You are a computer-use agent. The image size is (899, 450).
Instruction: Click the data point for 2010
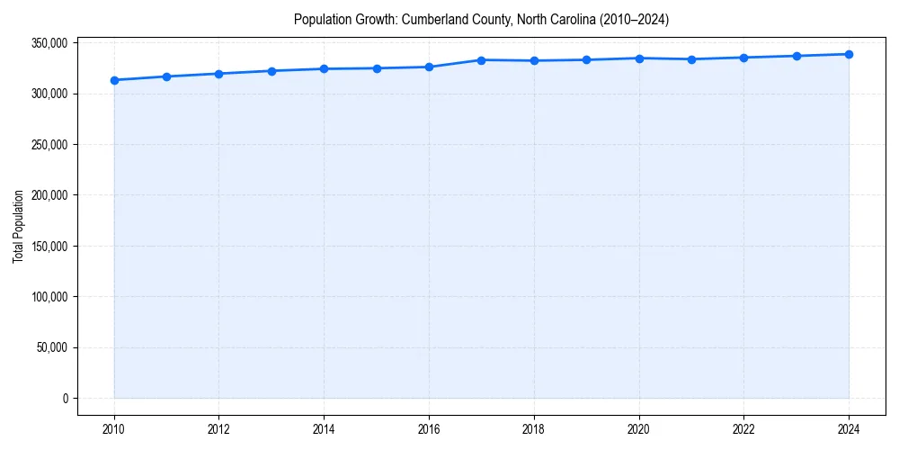click(114, 80)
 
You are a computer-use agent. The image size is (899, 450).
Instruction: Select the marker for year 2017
click(482, 60)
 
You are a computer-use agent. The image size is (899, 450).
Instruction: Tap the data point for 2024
click(849, 54)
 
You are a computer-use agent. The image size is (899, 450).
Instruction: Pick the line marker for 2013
click(271, 71)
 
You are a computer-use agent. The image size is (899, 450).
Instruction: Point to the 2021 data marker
click(691, 59)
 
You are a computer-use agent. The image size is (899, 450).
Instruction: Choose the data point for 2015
click(377, 68)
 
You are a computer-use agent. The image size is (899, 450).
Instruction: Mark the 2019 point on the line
click(586, 60)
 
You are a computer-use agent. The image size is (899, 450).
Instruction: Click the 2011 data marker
click(166, 76)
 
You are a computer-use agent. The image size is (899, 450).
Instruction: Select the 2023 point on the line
click(797, 56)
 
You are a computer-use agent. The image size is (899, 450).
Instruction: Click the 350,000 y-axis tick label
click(47, 43)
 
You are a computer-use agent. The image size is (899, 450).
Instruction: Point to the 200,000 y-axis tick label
click(47, 195)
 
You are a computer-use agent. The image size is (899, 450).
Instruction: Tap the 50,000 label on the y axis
click(49, 347)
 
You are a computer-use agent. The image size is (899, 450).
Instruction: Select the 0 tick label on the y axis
click(65, 399)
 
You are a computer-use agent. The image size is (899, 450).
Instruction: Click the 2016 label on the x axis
click(429, 429)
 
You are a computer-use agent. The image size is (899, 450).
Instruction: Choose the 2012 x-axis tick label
click(218, 429)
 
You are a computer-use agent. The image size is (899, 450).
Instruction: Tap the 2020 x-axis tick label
click(639, 429)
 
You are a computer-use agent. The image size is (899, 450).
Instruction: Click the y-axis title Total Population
click(18, 226)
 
